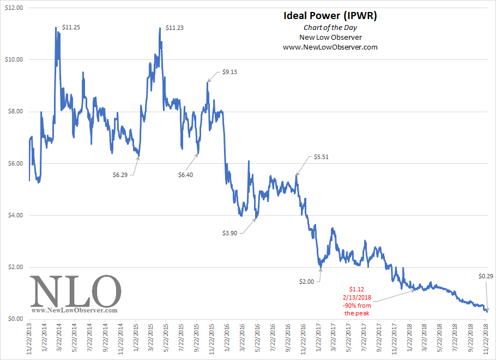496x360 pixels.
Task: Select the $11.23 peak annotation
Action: click(x=174, y=27)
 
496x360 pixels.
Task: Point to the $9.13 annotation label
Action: click(x=230, y=72)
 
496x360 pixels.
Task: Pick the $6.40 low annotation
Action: click(x=186, y=174)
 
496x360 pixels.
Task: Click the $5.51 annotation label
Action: click(x=322, y=157)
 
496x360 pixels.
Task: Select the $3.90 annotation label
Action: click(x=230, y=233)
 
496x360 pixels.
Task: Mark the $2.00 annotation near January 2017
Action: click(x=306, y=281)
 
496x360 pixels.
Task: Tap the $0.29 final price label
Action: click(x=486, y=276)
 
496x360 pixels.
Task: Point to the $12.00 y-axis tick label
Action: click(x=13, y=8)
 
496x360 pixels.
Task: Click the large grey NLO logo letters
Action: click(x=75, y=291)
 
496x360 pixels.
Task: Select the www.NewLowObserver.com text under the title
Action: click(x=330, y=47)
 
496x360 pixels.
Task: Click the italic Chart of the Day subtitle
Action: click(x=330, y=27)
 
